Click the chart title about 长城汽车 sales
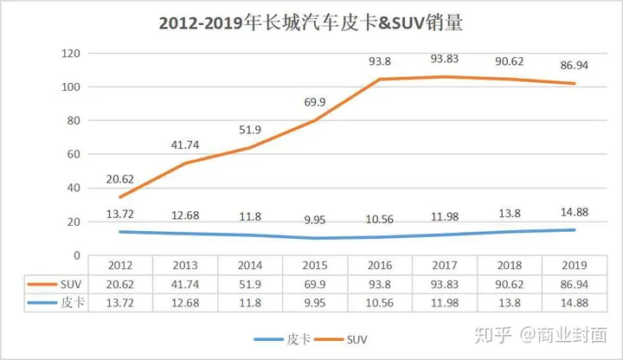311,23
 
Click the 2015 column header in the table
316,265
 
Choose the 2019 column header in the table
575,265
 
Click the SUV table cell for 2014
250,284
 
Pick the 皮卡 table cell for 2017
445,302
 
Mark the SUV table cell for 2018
510,284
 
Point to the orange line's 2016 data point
381,80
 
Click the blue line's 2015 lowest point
316,238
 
